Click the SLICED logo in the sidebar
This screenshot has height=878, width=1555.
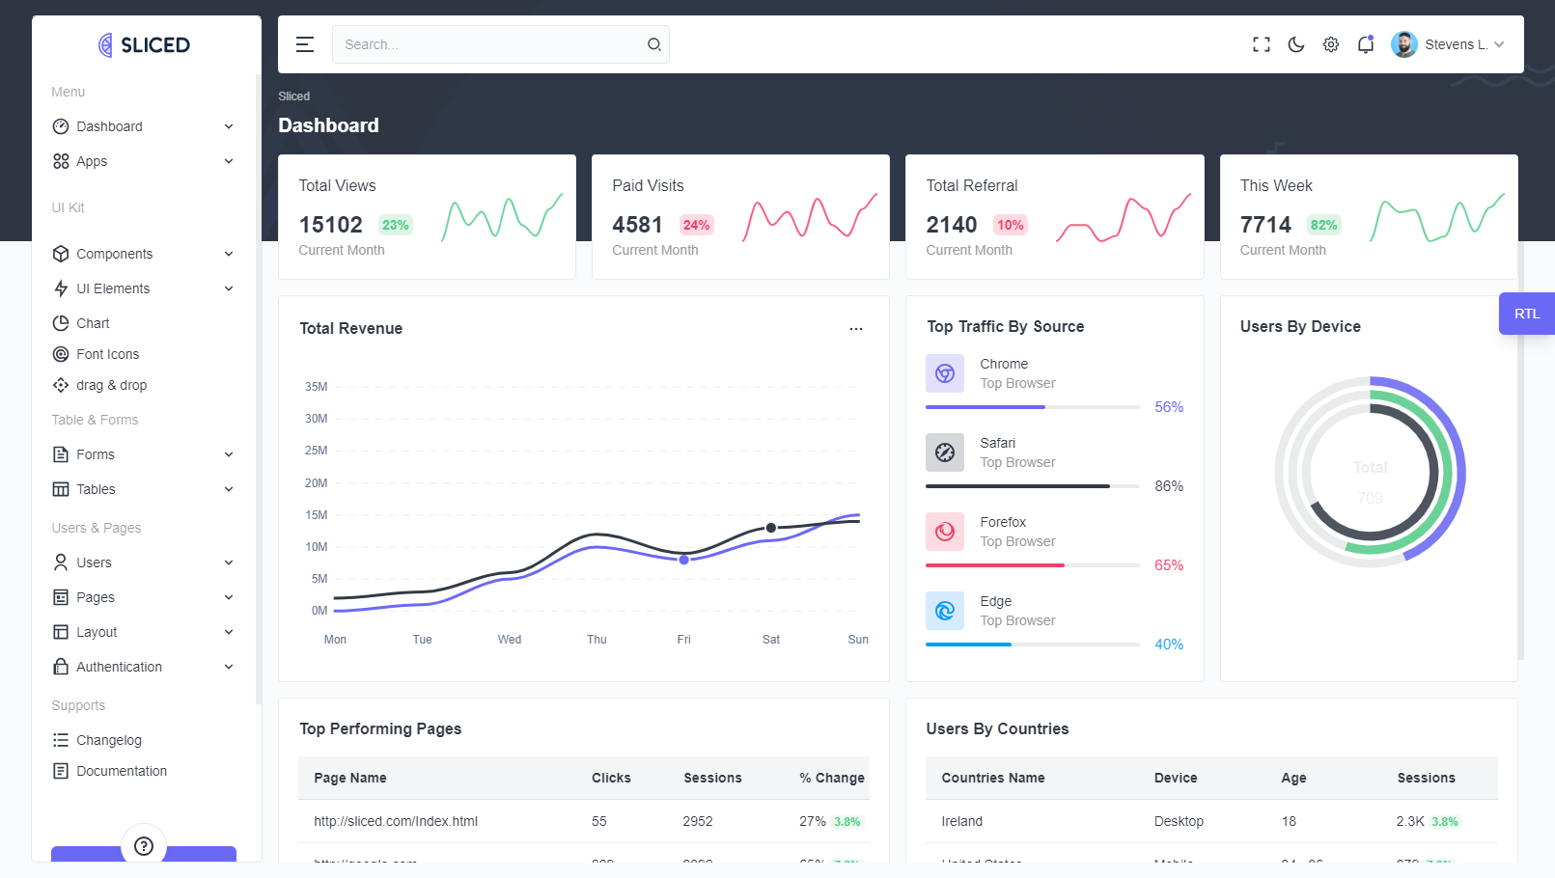[x=144, y=45]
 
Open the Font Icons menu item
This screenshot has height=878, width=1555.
[x=107, y=354]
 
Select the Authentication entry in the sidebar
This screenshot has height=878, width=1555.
[x=119, y=667]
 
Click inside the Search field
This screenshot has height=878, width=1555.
[x=487, y=44]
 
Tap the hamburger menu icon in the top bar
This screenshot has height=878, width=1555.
[x=305, y=44]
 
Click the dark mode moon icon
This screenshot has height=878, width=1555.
[x=1296, y=44]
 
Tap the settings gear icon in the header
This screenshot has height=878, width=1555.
[x=1331, y=44]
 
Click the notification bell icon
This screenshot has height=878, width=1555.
[x=1366, y=44]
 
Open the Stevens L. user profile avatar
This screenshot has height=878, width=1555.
[x=1404, y=44]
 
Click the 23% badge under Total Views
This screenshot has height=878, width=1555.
[x=396, y=225]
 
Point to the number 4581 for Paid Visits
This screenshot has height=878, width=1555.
[x=637, y=225]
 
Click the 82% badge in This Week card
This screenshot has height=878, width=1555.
[x=1323, y=225]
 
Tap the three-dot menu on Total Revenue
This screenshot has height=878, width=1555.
[x=856, y=329]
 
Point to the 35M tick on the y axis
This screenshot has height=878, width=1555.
[x=317, y=387]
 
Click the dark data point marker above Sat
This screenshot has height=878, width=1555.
[x=771, y=528]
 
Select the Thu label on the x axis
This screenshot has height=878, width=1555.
[x=597, y=640]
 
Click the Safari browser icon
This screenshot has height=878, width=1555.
[x=945, y=453]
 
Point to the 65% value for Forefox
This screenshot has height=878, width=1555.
[x=1169, y=565]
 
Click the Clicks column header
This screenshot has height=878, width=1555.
[x=611, y=778]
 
